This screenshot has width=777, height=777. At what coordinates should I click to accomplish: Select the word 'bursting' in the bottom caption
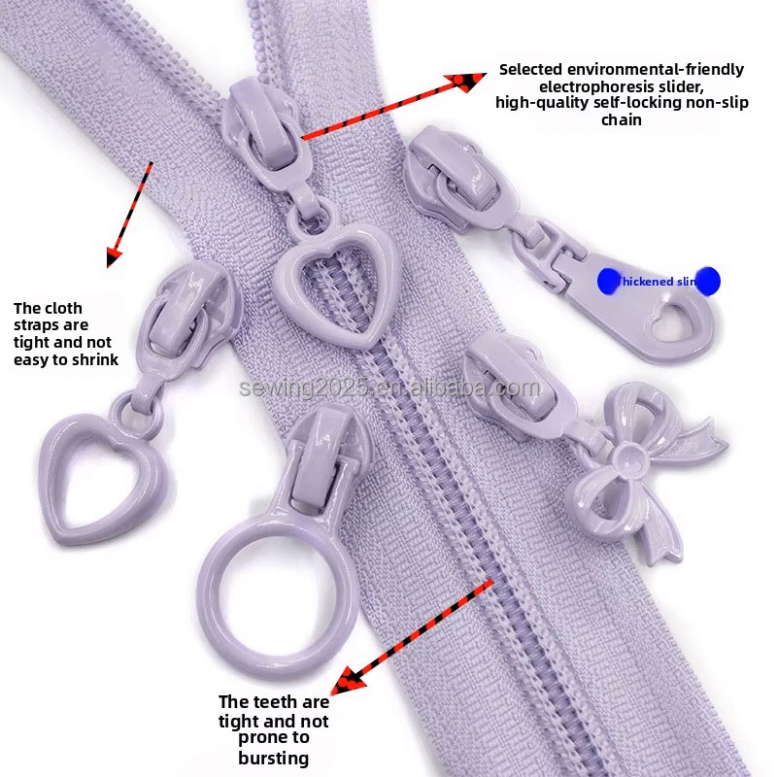(x=274, y=758)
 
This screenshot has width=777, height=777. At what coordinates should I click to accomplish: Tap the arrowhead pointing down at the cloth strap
(x=115, y=256)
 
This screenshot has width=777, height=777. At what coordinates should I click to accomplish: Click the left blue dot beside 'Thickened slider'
(x=608, y=281)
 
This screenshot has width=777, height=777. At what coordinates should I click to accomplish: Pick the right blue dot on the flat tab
(x=708, y=281)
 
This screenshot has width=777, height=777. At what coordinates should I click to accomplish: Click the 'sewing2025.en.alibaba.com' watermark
(x=389, y=389)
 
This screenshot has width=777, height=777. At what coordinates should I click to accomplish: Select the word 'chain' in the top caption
(x=622, y=120)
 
